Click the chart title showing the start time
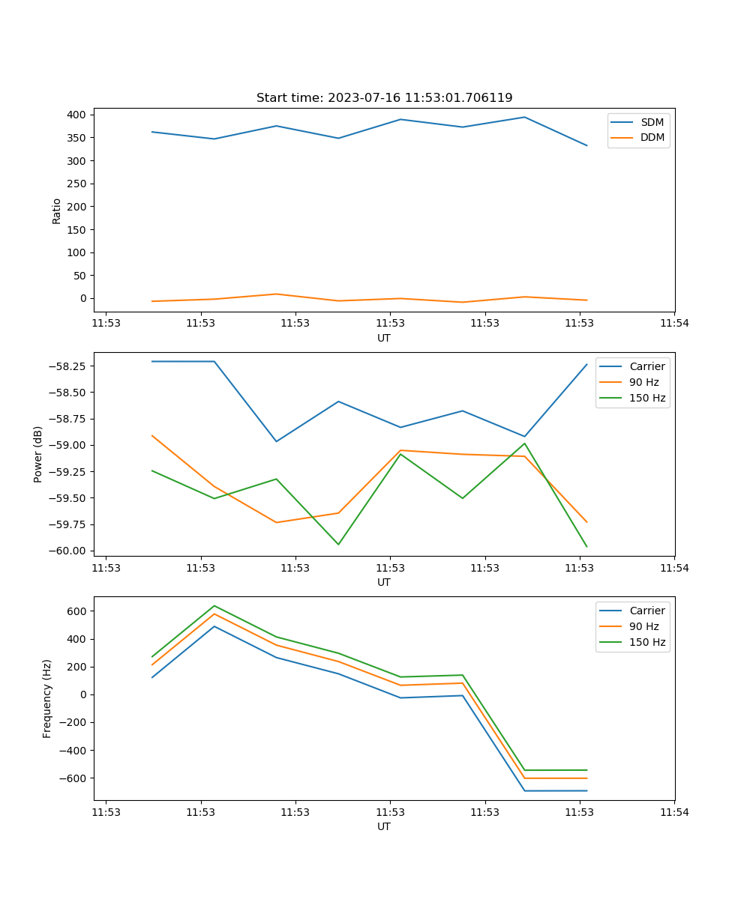point(384,98)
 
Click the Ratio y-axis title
point(57,211)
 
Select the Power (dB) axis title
point(38,454)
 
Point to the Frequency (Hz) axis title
point(47,698)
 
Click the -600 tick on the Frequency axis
point(73,778)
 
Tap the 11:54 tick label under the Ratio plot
point(674,324)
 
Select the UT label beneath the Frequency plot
point(384,826)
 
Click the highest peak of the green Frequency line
point(214,605)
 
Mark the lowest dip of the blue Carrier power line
point(276,441)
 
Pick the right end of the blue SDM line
point(586,145)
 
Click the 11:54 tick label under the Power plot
point(674,568)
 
